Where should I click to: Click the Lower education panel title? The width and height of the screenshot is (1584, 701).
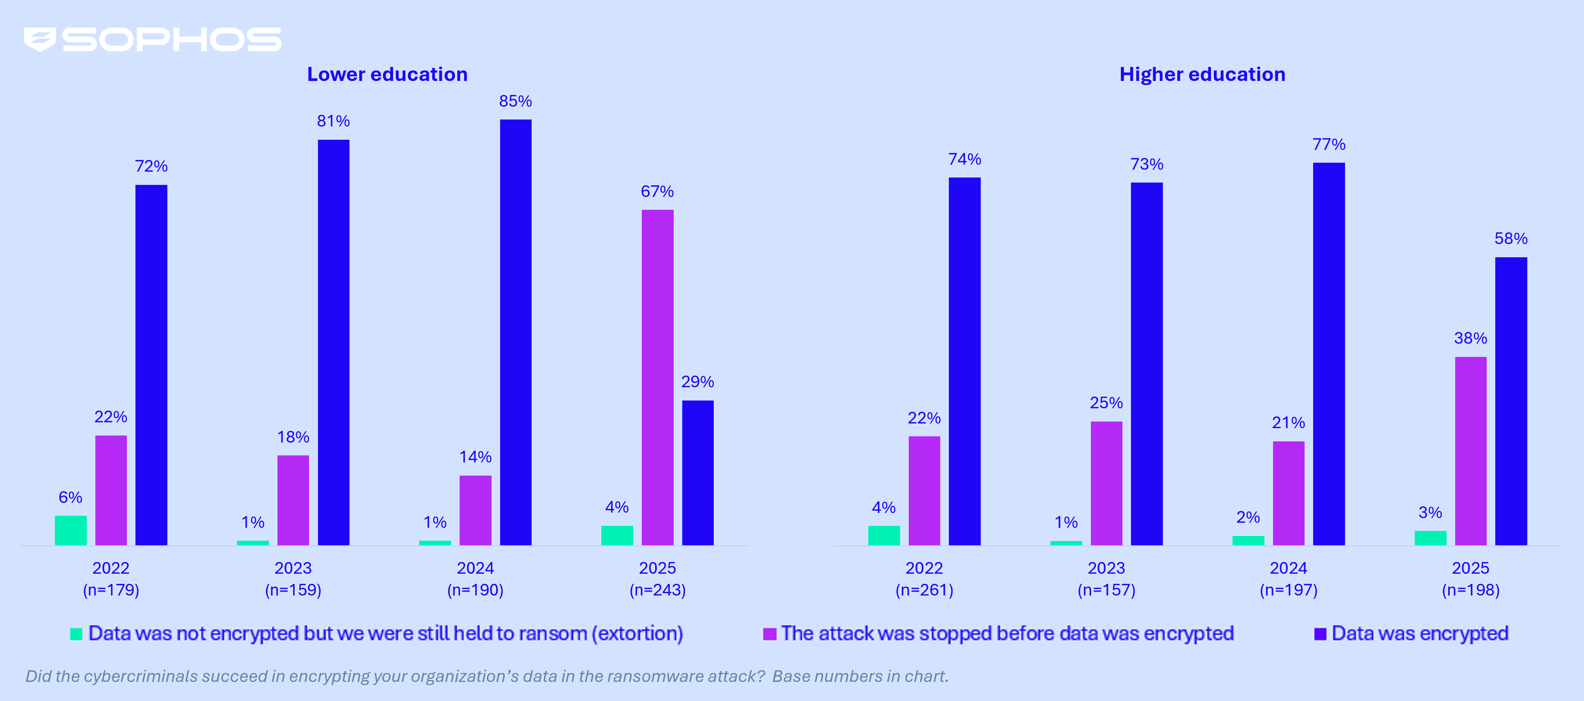point(387,74)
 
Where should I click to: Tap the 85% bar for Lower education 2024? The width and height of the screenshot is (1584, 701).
point(515,332)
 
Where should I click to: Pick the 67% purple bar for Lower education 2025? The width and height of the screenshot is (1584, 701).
point(657,377)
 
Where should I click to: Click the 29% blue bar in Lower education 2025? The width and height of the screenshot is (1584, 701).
point(697,472)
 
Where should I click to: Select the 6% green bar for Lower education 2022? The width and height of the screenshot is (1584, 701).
point(71,530)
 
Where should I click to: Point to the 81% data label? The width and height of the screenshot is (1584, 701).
point(333,121)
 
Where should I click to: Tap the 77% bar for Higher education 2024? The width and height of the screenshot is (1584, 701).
point(1328,353)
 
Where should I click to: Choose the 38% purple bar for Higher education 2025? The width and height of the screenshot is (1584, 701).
point(1470,451)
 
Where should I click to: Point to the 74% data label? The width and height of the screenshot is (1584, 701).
point(964,159)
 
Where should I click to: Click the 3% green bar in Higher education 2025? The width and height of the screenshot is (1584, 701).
point(1430,538)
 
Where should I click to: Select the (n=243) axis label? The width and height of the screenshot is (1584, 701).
point(657,590)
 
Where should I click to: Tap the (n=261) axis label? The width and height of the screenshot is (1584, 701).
point(924,590)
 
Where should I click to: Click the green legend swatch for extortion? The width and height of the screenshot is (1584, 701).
point(76,634)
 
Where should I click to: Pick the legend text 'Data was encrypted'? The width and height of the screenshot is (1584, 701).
point(1419,633)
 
